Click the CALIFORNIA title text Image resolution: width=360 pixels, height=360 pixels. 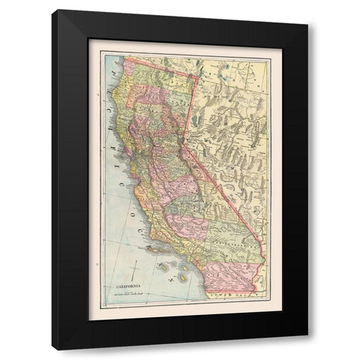coord(124,286)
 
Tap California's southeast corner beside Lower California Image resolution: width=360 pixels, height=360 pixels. coord(258,286)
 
